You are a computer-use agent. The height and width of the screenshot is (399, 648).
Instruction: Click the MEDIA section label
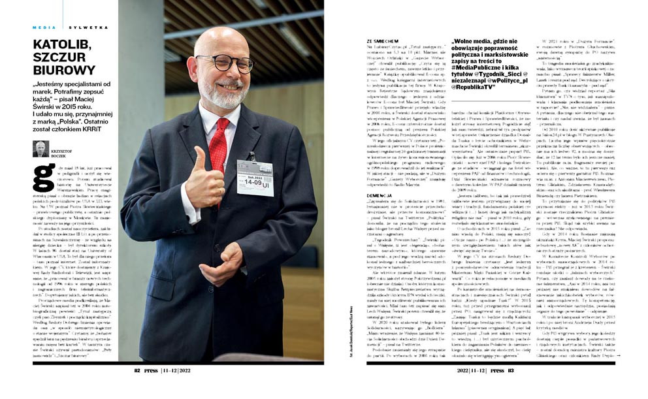click(x=44, y=27)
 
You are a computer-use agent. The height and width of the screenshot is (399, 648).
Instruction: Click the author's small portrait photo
click(x=41, y=148)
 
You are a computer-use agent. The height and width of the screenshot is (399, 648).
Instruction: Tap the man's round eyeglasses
click(x=225, y=63)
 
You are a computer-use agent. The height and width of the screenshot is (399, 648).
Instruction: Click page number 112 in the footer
click(x=138, y=370)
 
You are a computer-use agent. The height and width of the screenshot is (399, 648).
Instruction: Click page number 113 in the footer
click(x=510, y=370)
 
